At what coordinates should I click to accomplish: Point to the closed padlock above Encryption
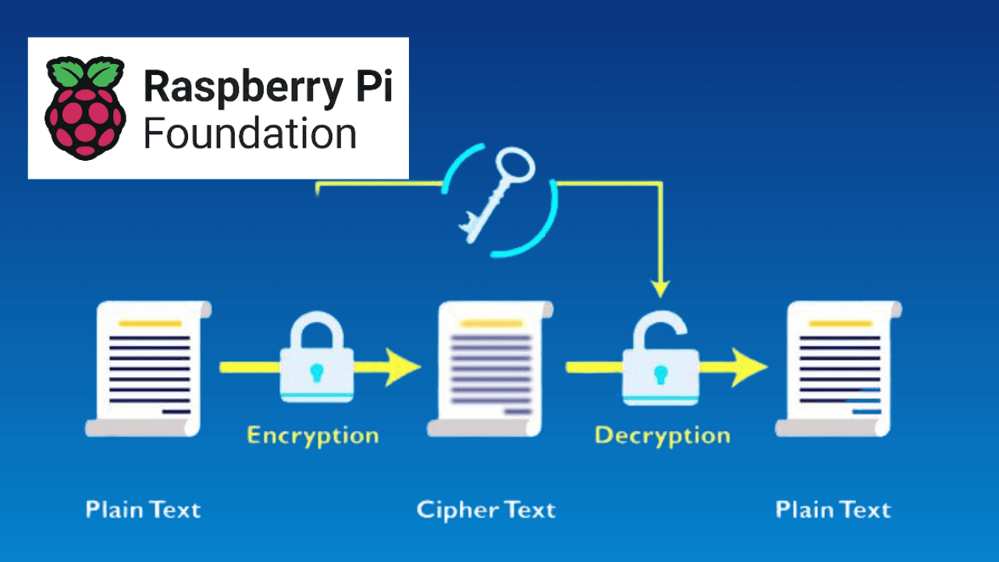pyautogui.click(x=316, y=358)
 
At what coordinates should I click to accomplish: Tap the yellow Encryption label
pyautogui.click(x=313, y=435)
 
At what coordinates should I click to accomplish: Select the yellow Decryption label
pyautogui.click(x=663, y=435)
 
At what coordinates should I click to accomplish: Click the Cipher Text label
pyautogui.click(x=486, y=510)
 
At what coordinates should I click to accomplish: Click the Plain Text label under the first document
pyautogui.click(x=144, y=510)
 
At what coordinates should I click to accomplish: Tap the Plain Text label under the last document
pyautogui.click(x=834, y=510)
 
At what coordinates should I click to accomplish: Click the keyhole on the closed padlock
pyautogui.click(x=316, y=370)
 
